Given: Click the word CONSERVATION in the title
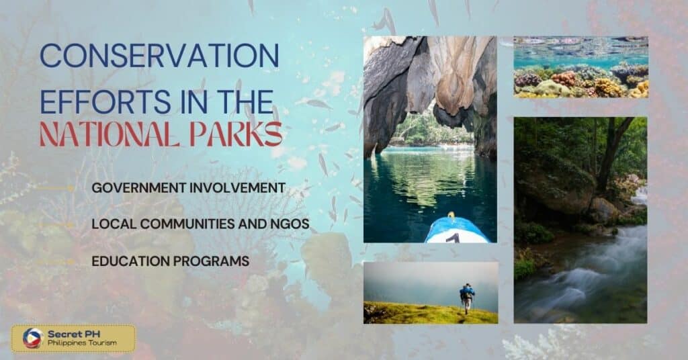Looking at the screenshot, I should (x=159, y=56).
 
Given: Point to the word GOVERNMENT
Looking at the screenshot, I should (x=136, y=187).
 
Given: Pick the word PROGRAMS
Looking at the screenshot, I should (x=213, y=261).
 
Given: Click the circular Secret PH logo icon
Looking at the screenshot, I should (x=32, y=338).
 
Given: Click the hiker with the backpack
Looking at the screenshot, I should (x=466, y=296).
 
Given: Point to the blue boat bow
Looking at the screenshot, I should (x=456, y=230).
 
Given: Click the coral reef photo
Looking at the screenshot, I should (x=580, y=67).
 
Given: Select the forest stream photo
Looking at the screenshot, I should (x=580, y=220).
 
